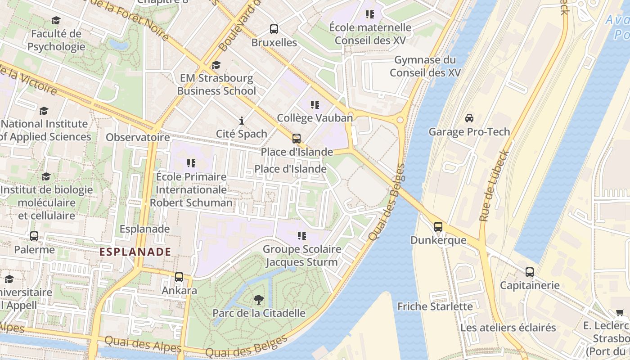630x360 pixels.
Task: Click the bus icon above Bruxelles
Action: [274, 29]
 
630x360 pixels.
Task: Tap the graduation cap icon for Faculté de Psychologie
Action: [56, 20]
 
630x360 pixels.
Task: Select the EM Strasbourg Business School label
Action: [216, 85]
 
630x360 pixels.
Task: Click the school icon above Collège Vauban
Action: [315, 105]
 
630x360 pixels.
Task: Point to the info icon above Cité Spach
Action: [242, 121]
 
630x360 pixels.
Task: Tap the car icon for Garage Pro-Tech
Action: [469, 118]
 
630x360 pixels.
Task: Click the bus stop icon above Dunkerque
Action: [438, 227]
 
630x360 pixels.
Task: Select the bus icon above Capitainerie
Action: [530, 272]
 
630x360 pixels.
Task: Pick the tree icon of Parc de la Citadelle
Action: [258, 300]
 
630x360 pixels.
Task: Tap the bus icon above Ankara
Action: [179, 277]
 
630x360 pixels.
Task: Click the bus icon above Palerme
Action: [34, 236]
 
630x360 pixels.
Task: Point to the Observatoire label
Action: [138, 137]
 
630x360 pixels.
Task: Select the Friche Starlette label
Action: [435, 306]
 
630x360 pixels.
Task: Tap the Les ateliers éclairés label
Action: [508, 327]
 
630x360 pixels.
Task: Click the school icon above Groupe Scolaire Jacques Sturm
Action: [301, 235]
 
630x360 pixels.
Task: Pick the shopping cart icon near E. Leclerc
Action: [620, 312]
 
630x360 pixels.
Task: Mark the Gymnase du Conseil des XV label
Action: [425, 66]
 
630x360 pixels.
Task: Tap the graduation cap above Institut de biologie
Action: [46, 176]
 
